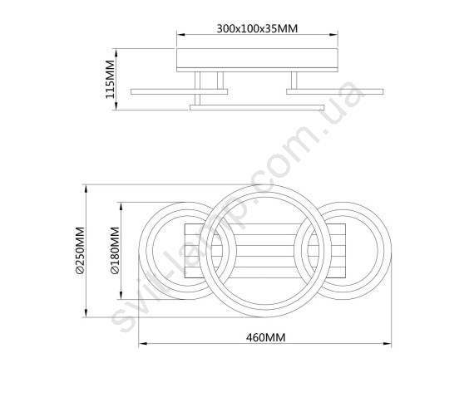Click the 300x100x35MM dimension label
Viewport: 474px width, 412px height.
[x=257, y=28]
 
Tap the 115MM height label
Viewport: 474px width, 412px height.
[x=110, y=79]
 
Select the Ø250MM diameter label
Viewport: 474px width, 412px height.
[x=80, y=251]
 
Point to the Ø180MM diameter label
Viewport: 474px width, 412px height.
[x=116, y=251]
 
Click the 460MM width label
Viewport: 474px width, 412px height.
[x=266, y=337]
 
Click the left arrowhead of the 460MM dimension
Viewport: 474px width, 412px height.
[x=143, y=344]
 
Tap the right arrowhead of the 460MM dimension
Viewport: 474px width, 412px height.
[x=388, y=344]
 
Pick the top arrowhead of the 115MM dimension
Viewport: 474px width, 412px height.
[x=116, y=52]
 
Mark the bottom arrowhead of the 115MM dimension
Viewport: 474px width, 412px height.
[x=116, y=105]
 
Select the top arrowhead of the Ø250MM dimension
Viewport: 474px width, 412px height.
[x=86, y=189]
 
